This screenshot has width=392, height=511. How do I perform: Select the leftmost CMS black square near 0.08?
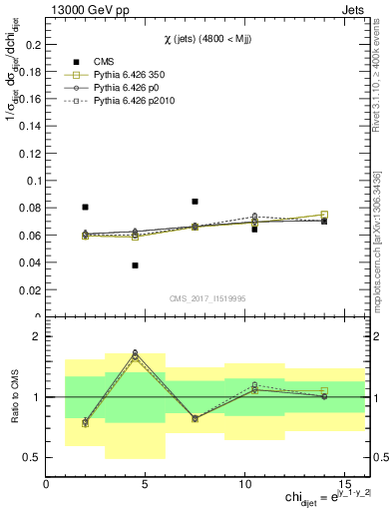85,207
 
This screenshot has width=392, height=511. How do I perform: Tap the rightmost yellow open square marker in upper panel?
324,215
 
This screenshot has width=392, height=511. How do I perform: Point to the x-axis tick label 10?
244,484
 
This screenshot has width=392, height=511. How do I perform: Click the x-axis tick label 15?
344,484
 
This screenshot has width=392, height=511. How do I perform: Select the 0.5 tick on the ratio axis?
32,457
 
